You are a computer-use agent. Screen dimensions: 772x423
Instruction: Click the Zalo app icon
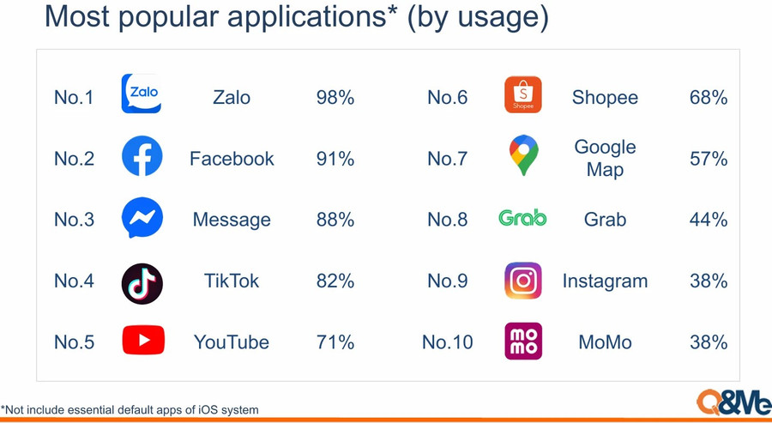coord(142,94)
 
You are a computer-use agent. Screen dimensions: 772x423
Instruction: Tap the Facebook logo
coord(142,155)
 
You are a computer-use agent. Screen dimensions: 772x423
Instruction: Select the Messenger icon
coord(142,217)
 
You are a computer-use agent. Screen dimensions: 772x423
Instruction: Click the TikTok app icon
coord(142,283)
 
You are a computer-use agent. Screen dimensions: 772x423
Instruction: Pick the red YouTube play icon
coord(143,340)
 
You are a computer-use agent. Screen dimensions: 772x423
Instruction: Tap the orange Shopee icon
coord(523,94)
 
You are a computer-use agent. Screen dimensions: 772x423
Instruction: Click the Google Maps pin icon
coord(523,155)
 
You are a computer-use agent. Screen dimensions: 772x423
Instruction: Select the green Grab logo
coord(522,218)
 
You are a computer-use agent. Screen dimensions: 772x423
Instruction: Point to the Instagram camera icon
coord(523,281)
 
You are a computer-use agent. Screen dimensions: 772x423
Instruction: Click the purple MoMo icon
coord(523,341)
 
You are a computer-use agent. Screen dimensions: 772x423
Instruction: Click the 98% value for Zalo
coord(335,98)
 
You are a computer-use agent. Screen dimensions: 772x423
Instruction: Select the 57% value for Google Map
coord(709,159)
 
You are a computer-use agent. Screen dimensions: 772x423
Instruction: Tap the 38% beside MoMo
coord(709,342)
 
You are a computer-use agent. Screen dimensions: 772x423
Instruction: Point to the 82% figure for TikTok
coord(335,281)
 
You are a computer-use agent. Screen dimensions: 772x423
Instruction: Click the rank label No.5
coord(74,342)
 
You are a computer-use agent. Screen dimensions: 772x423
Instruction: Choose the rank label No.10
coord(448,342)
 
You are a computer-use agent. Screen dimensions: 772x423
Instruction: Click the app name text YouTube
coord(232,342)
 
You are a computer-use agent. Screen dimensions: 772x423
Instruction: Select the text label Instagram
coord(605,281)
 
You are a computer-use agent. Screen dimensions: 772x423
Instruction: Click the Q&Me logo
coord(733,402)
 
